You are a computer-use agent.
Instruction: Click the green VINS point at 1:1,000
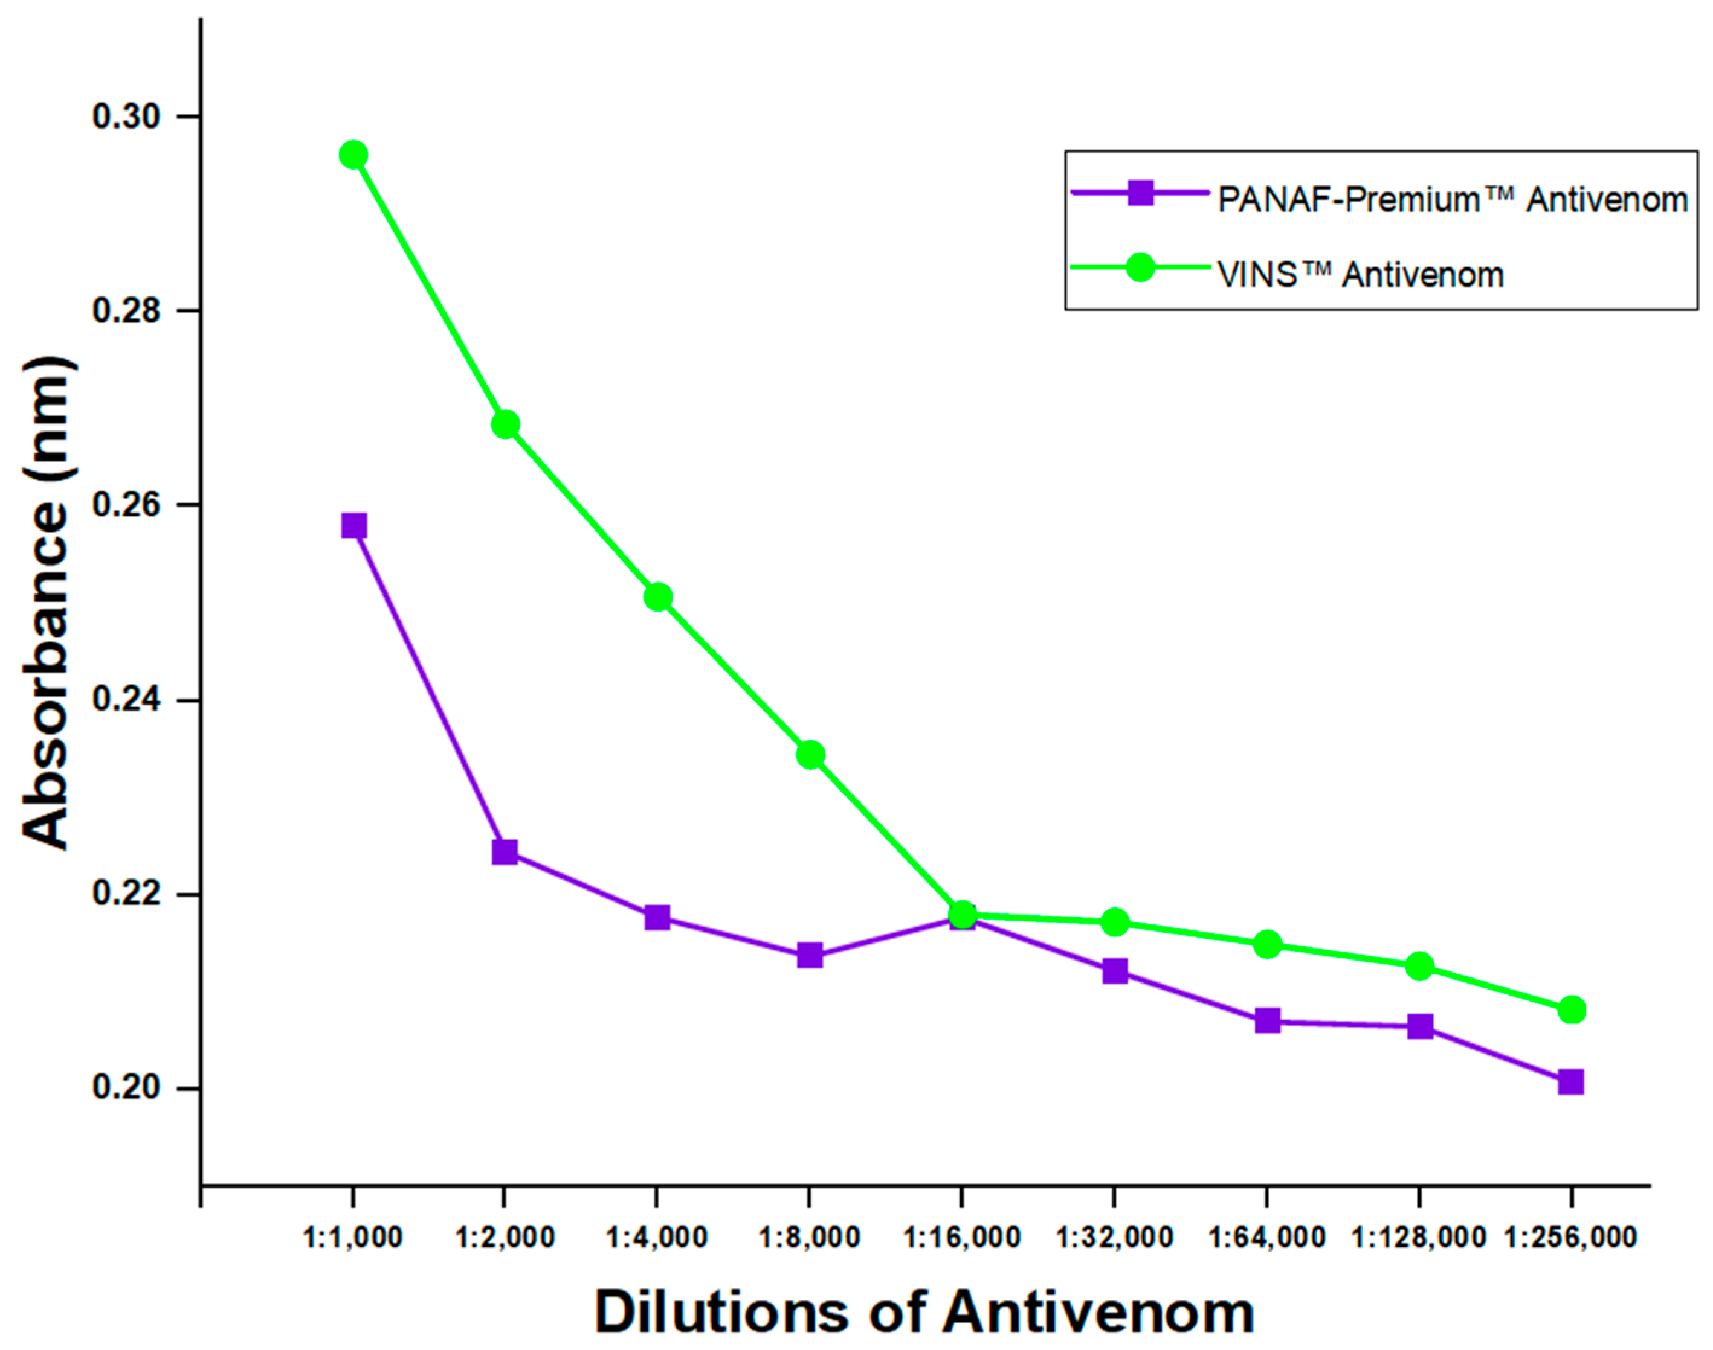point(353,155)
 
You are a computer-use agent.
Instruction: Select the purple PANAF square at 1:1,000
point(353,526)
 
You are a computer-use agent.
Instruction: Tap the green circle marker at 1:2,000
point(505,424)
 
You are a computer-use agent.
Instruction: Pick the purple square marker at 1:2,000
point(505,852)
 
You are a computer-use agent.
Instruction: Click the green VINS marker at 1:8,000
point(810,755)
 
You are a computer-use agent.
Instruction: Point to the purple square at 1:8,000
point(810,956)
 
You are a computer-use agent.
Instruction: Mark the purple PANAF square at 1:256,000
point(1570,1082)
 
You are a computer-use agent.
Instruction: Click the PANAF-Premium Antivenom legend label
point(1453,199)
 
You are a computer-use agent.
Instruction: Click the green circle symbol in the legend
point(1140,267)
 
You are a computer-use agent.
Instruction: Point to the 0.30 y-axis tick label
point(126,116)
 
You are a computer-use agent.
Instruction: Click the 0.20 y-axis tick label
point(126,1087)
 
